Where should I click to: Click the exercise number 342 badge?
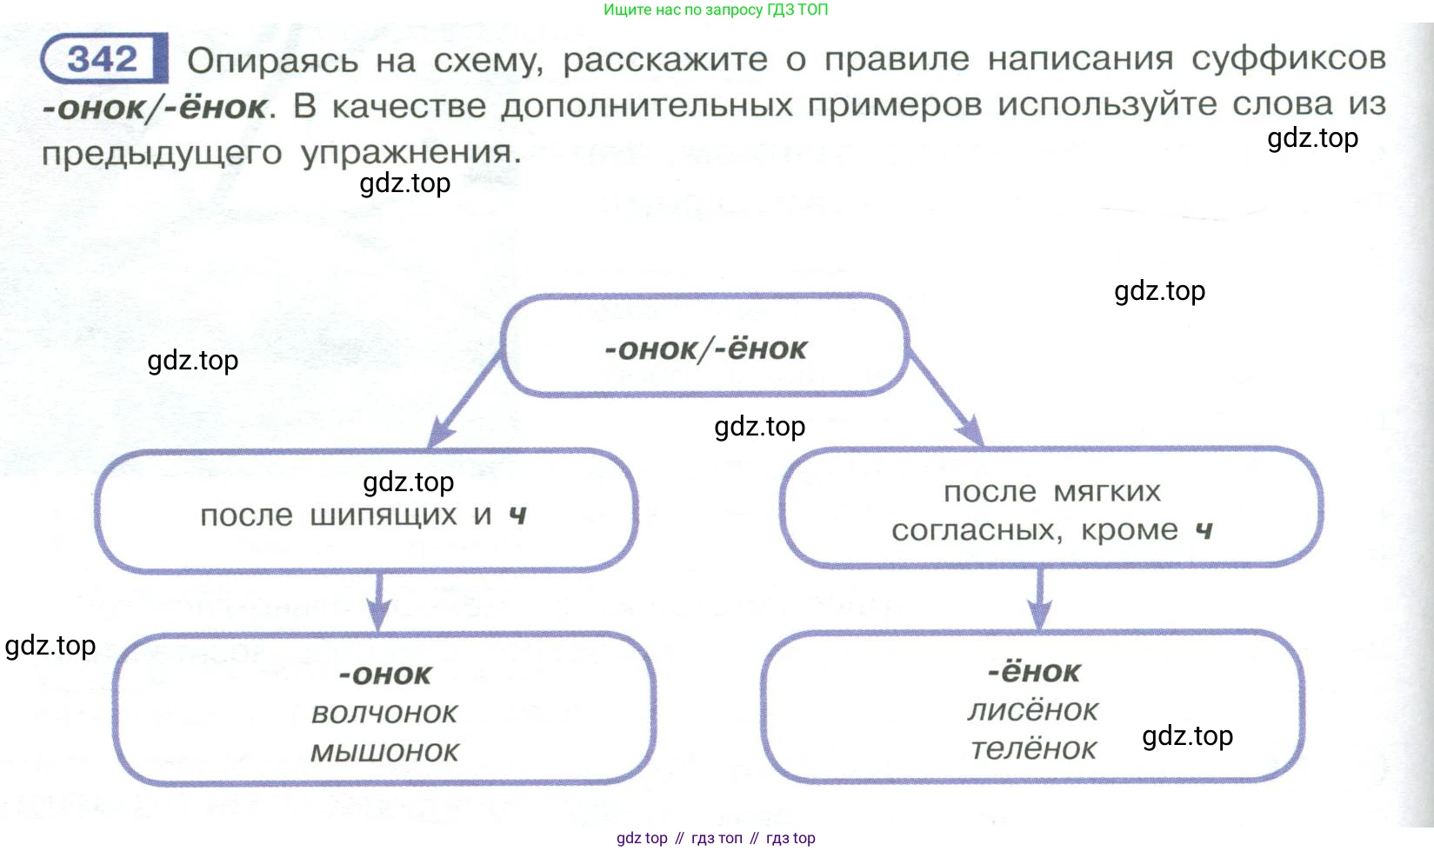pyautogui.click(x=103, y=60)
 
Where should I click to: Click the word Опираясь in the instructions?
pyautogui.click(x=272, y=61)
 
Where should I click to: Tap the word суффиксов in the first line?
pyautogui.click(x=1288, y=58)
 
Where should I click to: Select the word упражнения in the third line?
pyautogui.click(x=410, y=153)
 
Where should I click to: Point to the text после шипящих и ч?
pyautogui.click(x=364, y=515)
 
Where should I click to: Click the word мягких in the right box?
pyautogui.click(x=1106, y=491)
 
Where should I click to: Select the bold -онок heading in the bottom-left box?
pyautogui.click(x=384, y=675)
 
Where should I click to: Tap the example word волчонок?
pyautogui.click(x=384, y=714)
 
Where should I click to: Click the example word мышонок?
pyautogui.click(x=384, y=752)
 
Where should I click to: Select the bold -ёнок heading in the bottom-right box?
pyautogui.click(x=1033, y=672)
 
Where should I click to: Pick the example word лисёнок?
pyautogui.click(x=1033, y=710)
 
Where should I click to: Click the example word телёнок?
pyautogui.click(x=1033, y=748)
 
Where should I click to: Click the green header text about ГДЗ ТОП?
pyautogui.click(x=715, y=10)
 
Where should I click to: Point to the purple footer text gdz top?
pyautogui.click(x=642, y=838)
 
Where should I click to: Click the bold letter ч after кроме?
pyautogui.click(x=1204, y=530)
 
